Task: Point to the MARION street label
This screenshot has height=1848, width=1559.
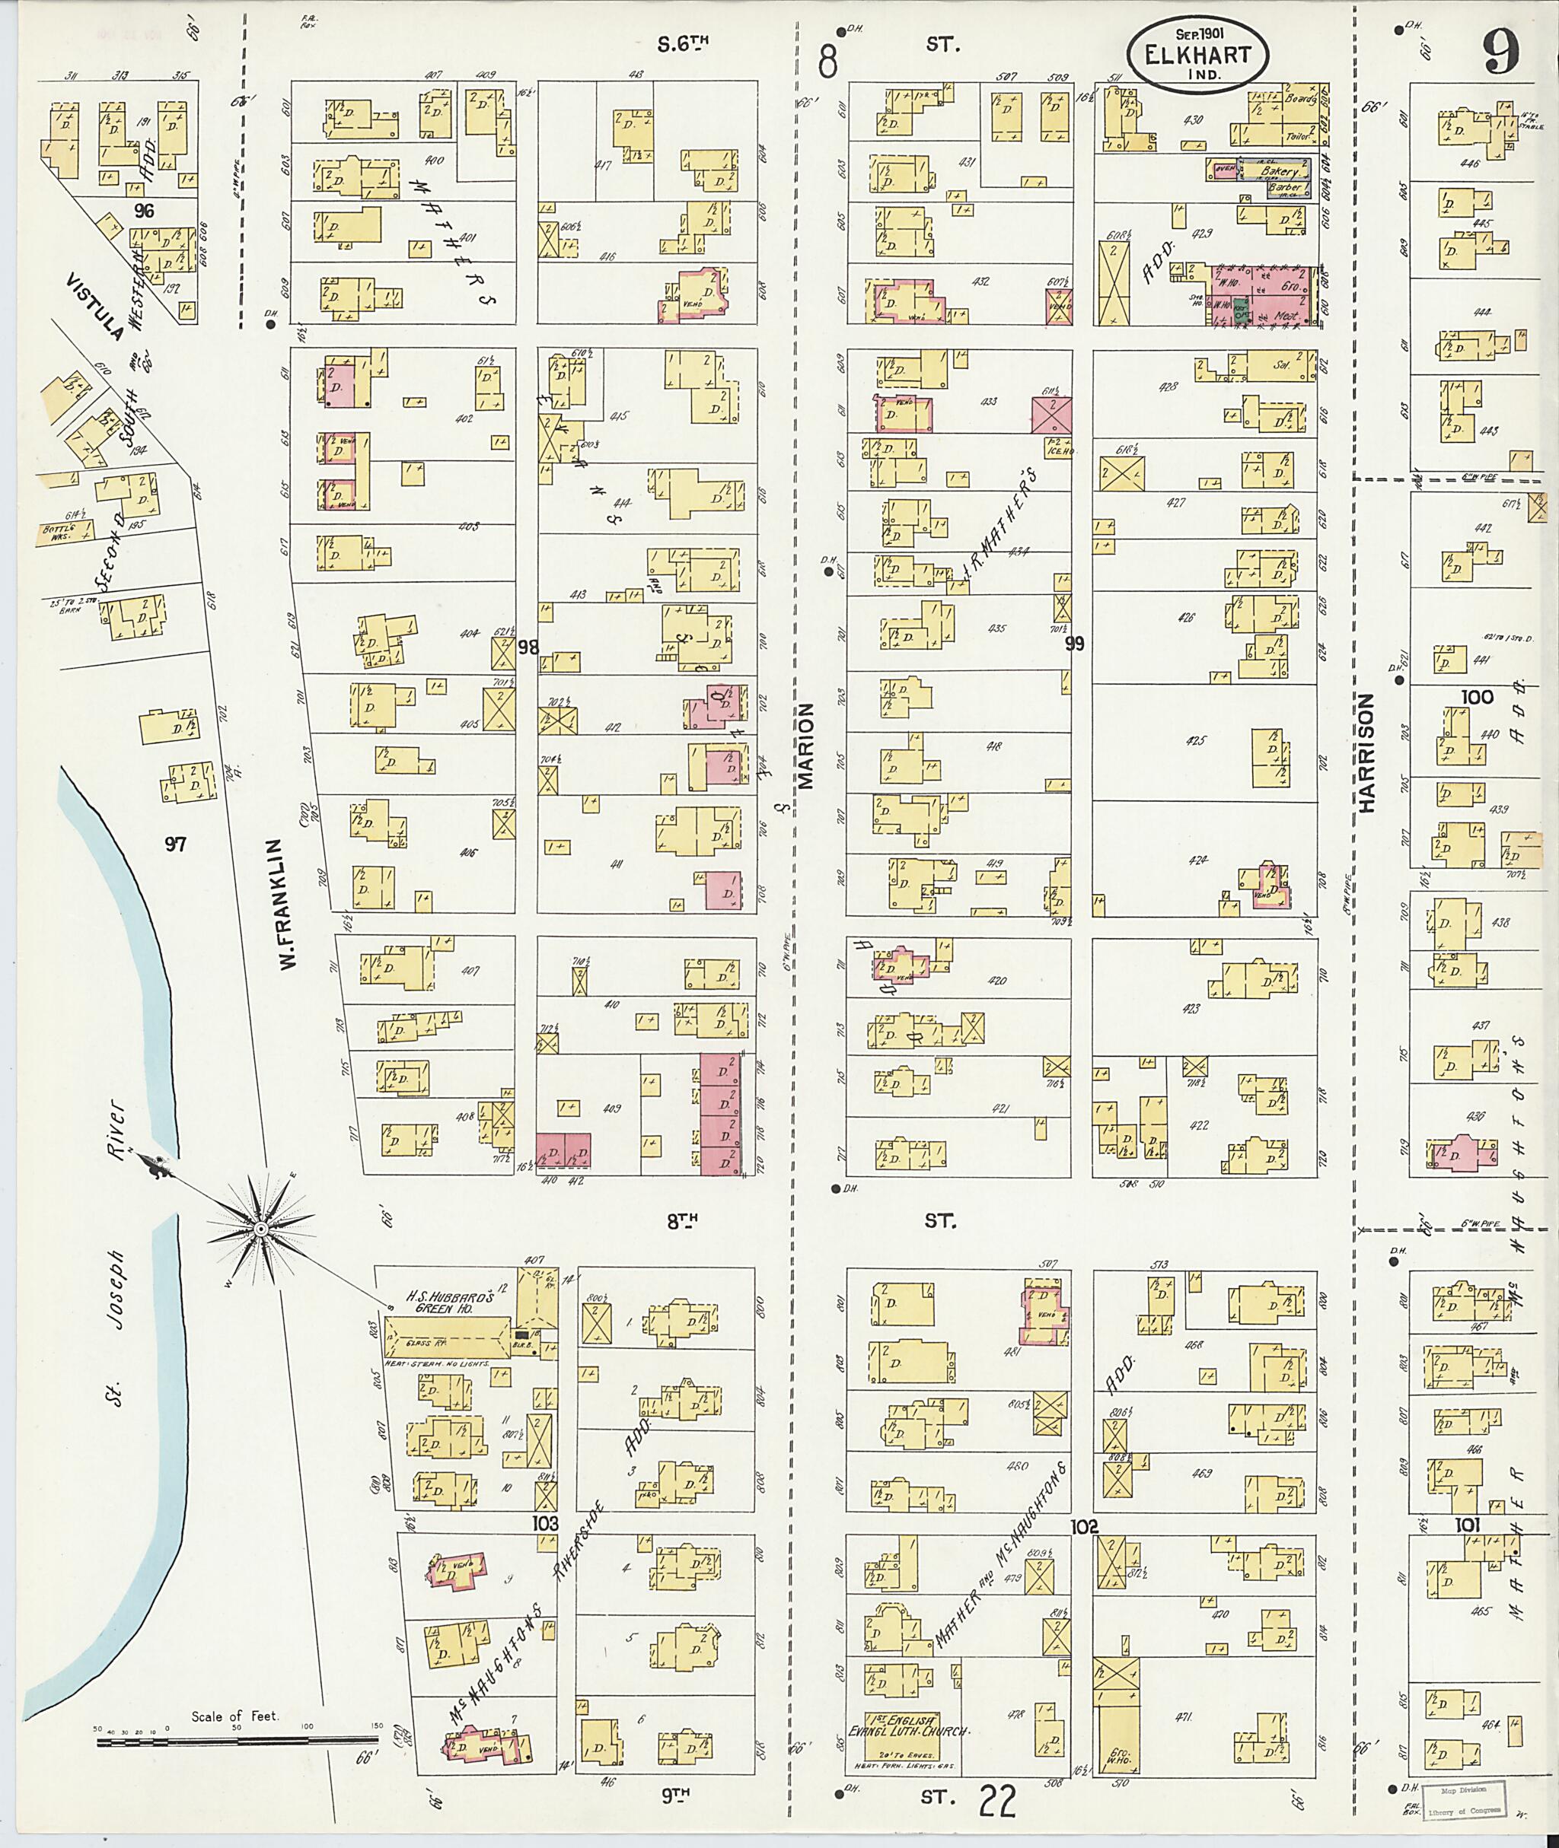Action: (808, 746)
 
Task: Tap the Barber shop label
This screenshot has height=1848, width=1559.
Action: (1283, 187)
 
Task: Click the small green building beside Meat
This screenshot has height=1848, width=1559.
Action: (1242, 311)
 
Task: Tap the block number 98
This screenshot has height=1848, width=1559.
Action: (528, 647)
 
